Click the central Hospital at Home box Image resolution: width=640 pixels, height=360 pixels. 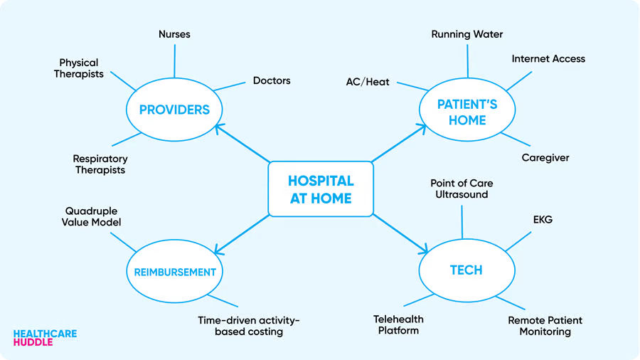click(320, 189)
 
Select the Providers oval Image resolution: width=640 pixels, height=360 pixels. click(174, 110)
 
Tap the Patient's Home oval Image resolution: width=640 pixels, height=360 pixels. click(466, 112)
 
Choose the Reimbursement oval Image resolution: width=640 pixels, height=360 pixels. click(174, 271)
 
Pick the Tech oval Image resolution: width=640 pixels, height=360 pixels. click(466, 270)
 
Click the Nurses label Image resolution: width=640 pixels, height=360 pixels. click(174, 33)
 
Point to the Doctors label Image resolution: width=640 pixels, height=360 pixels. click(272, 80)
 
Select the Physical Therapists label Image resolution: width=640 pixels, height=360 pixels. click(79, 68)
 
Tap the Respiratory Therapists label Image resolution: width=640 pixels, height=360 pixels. click(100, 164)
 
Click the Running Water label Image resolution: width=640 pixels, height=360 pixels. click(467, 33)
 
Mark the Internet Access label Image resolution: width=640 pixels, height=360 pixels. click(548, 58)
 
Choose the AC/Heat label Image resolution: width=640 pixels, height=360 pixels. click(368, 82)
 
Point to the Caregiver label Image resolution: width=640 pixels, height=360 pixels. click(545, 157)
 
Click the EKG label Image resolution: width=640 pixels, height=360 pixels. click(543, 220)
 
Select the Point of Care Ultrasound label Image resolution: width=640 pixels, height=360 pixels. click(462, 189)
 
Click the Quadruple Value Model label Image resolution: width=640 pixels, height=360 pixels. click(92, 216)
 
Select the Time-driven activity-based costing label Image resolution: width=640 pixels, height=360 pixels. click(249, 326)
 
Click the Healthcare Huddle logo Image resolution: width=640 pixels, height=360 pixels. click(45, 337)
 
